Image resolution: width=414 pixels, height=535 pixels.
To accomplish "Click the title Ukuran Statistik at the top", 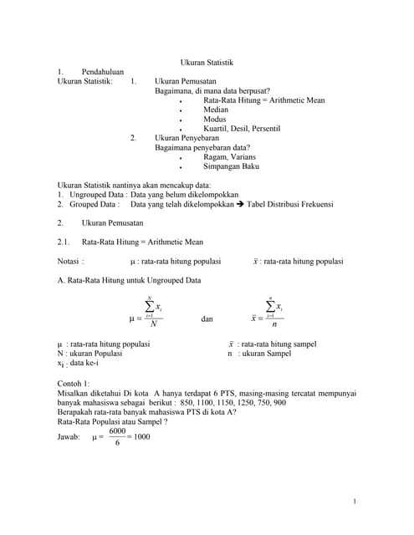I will [x=207, y=63].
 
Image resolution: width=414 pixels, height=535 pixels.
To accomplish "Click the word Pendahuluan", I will [x=103, y=73].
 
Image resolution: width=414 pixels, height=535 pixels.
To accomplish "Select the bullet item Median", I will [x=216, y=110].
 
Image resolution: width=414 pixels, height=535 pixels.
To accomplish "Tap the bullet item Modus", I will [x=215, y=120].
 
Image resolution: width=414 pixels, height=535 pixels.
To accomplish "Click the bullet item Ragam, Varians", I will [x=229, y=156].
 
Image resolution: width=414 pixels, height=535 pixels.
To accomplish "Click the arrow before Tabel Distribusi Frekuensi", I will [x=242, y=204].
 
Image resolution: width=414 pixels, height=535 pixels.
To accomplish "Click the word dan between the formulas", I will [x=207, y=318].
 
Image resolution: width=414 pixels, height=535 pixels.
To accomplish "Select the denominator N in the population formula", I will [x=153, y=324].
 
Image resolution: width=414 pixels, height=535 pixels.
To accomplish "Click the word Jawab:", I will [x=69, y=436].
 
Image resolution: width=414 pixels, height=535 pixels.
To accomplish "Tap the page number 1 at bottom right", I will [x=355, y=501].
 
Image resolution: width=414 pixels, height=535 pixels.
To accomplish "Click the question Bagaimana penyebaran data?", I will [x=205, y=147].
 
